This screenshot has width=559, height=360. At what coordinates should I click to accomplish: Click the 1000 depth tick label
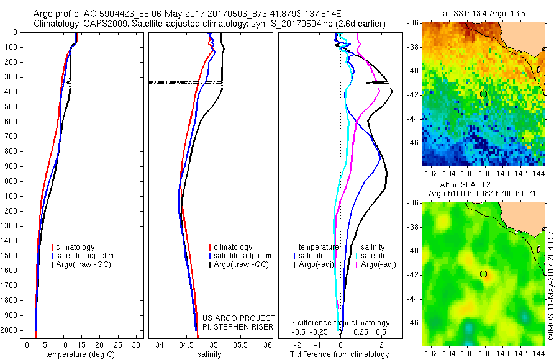(x=10, y=181)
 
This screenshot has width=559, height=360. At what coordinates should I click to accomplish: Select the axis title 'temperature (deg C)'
(x=79, y=354)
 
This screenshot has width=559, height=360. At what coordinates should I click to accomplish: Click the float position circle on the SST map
(x=483, y=94)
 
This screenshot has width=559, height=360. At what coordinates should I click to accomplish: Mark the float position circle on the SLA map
(x=483, y=274)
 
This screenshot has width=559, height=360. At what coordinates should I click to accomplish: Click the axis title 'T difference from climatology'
(x=340, y=354)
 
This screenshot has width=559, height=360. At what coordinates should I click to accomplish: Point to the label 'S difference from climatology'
(x=340, y=323)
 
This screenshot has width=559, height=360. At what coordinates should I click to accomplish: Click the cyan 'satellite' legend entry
(x=373, y=256)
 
